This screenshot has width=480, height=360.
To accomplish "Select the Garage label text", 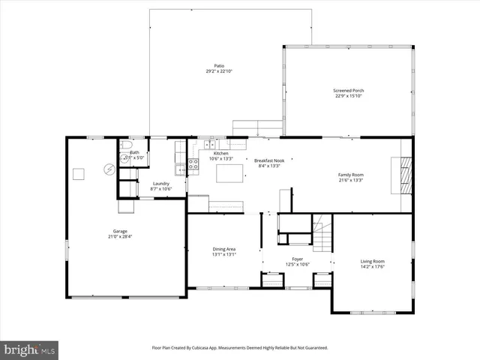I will point(120,231).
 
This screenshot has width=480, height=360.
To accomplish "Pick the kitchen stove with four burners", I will point(193,163).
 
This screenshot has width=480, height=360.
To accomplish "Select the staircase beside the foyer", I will point(322,233).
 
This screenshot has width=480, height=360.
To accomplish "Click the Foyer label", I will point(298,259).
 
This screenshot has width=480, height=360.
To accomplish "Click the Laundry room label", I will point(161,184).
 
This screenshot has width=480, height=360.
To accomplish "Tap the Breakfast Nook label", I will point(268,160).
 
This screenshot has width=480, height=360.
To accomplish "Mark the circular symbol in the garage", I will point(109,170).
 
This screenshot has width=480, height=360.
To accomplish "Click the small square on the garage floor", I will point(79,174).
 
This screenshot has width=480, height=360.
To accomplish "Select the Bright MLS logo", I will point(28,349).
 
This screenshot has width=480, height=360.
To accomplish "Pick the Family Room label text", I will point(350,175).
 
